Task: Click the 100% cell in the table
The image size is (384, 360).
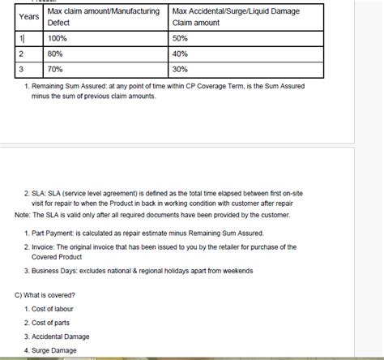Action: tap(58, 38)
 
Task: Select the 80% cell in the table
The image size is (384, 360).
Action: tap(56, 54)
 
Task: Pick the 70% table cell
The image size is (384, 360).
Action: tap(56, 69)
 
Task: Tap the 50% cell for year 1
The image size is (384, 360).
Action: tap(180, 38)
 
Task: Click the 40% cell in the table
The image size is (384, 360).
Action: tap(180, 54)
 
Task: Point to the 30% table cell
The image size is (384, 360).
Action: tap(180, 69)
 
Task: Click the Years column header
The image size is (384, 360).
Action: tap(28, 16)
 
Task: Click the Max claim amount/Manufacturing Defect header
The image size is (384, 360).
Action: tap(104, 17)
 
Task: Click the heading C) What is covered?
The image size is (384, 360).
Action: tap(46, 294)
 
